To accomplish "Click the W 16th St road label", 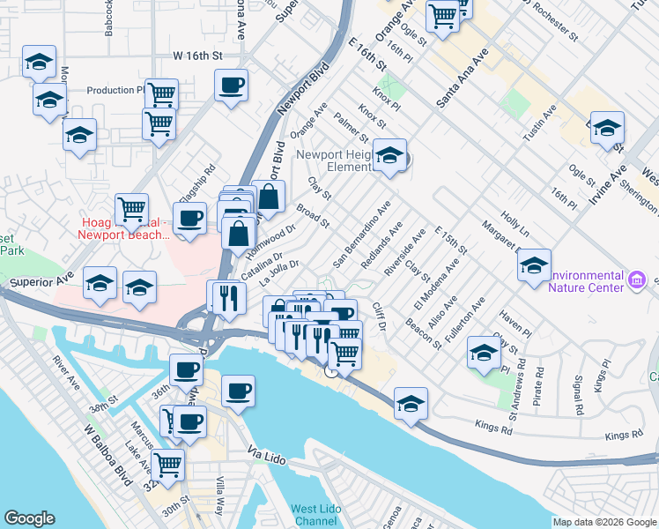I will pyautogui.click(x=199, y=55).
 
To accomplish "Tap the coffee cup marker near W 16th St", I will pyautogui.click(x=231, y=86).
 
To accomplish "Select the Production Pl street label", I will pyautogui.click(x=115, y=90).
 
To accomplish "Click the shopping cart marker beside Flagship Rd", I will pyautogui.click(x=131, y=210).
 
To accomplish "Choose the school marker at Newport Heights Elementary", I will pyautogui.click(x=389, y=157).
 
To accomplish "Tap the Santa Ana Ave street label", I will pyautogui.click(x=463, y=79).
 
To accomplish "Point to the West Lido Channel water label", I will pyautogui.click(x=317, y=516).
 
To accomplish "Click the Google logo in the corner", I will pyautogui.click(x=30, y=518).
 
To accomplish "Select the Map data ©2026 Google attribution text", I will pyautogui.click(x=603, y=521).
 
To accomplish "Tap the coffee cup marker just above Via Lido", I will pyautogui.click(x=238, y=391).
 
